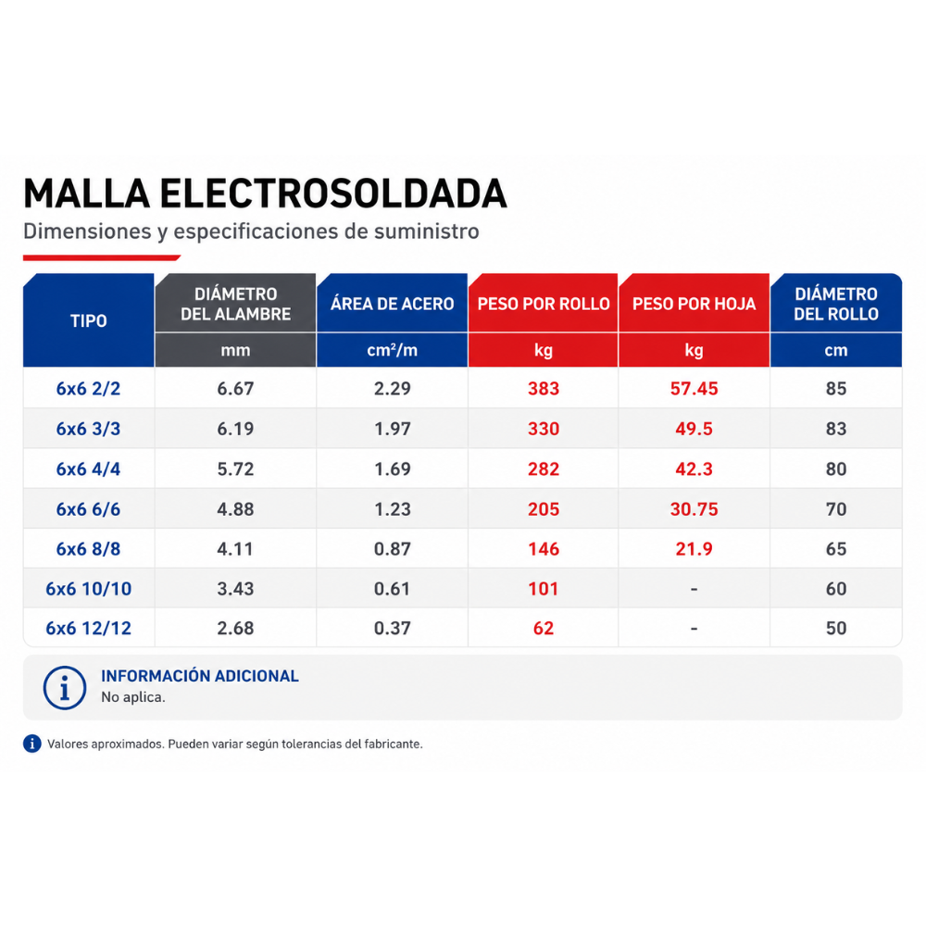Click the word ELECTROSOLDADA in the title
tap(333, 194)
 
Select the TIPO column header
tap(89, 320)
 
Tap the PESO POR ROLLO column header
tap(544, 304)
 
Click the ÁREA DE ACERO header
tap(392, 304)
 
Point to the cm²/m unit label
tap(392, 350)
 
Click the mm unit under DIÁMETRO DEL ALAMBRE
tap(235, 351)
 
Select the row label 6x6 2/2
tap(89, 389)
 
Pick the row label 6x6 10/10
tap(89, 589)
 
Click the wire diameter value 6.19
tap(235, 429)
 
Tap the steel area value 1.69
tap(392, 469)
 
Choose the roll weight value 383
tap(544, 389)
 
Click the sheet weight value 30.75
tap(694, 509)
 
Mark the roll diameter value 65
tap(836, 548)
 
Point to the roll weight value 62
tap(544, 628)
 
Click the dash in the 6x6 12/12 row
tap(694, 629)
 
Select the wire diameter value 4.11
tap(235, 548)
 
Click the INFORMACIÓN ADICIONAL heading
tap(200, 676)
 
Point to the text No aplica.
tap(132, 697)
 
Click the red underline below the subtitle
tap(102, 257)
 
